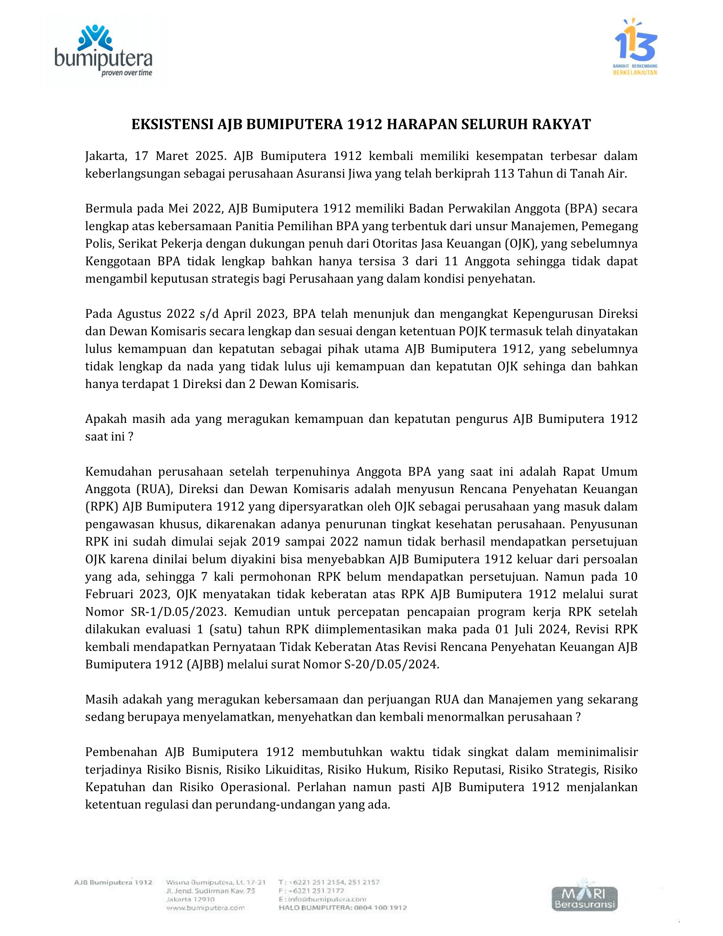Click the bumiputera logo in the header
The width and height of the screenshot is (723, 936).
pos(103,49)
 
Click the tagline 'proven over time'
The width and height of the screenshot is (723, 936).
pos(127,73)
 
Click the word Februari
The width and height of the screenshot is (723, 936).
pos(109,594)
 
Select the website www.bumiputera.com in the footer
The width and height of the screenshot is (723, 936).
pos(205,907)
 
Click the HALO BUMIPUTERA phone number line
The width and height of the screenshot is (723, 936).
pos(342,907)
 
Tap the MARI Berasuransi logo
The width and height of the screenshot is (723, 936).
pos(584,898)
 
